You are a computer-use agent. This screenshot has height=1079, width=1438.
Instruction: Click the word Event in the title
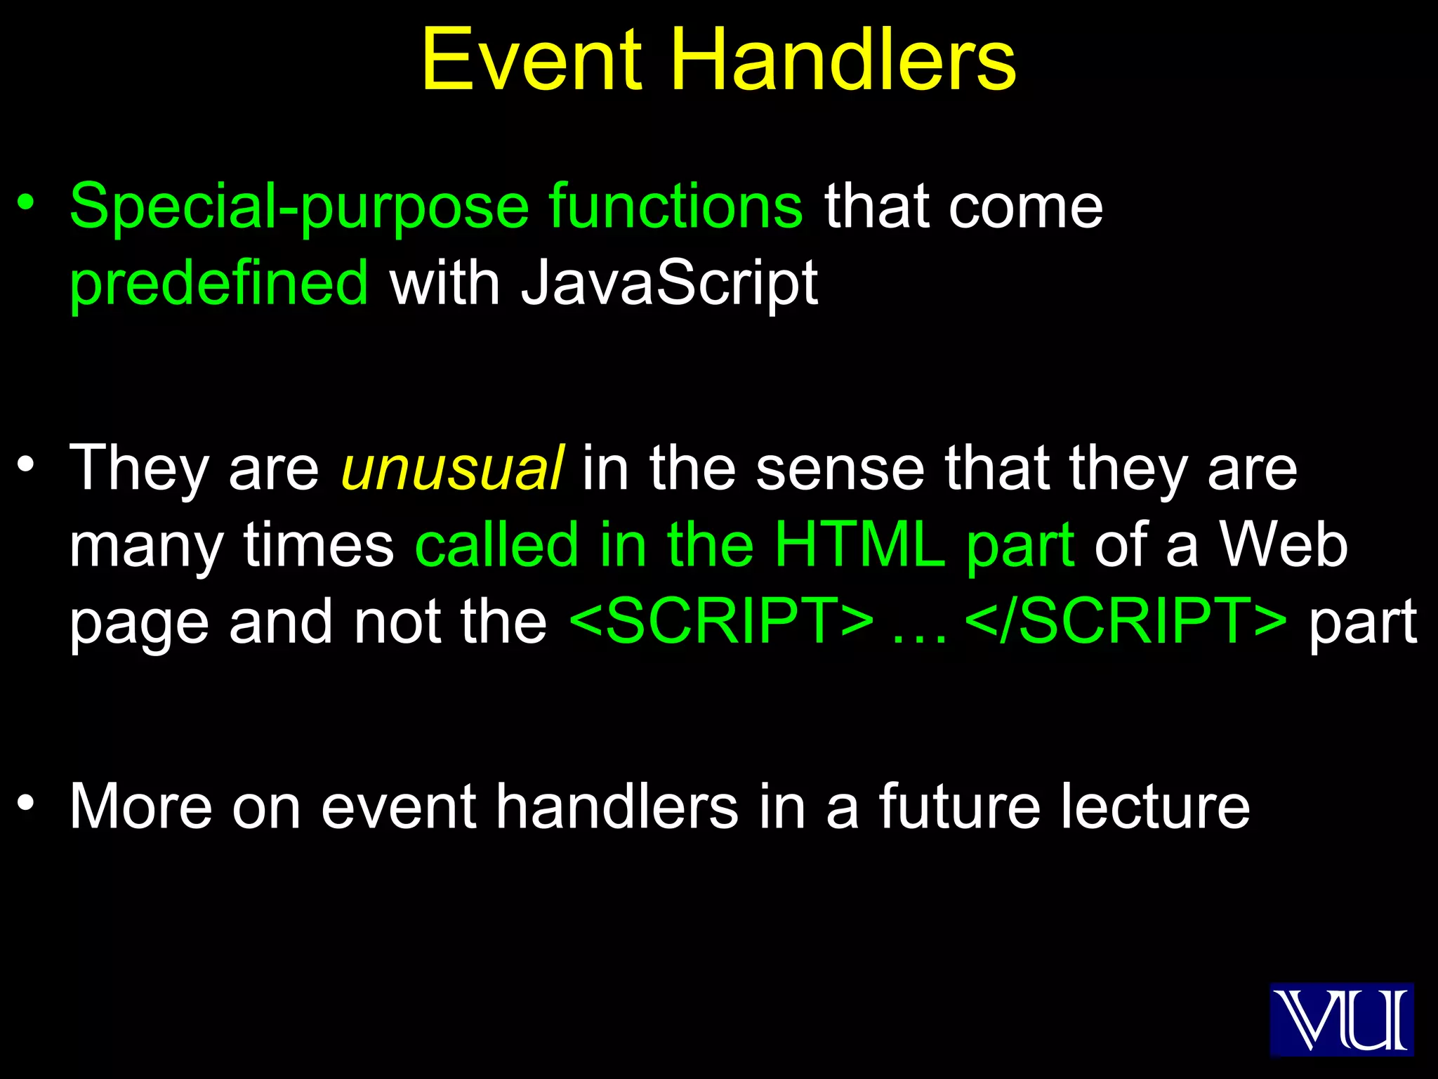coord(532,60)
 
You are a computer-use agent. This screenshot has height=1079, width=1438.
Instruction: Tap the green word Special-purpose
coord(299,207)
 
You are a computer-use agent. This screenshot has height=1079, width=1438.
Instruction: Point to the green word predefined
coord(218,283)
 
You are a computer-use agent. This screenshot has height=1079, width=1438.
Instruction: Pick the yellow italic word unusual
coord(451,469)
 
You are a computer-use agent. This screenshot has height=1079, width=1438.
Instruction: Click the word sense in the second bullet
coord(840,470)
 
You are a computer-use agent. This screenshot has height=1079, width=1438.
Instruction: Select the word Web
coord(1283,545)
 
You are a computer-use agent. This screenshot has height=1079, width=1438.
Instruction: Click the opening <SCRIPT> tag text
coord(722,622)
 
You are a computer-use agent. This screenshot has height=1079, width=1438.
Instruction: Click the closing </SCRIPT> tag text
coord(1126,622)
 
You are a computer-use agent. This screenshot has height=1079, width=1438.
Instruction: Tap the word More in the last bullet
coord(140,807)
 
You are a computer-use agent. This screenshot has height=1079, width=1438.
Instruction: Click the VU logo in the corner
coord(1341,1019)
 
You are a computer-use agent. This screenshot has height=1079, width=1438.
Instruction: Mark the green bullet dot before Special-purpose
coord(26,203)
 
